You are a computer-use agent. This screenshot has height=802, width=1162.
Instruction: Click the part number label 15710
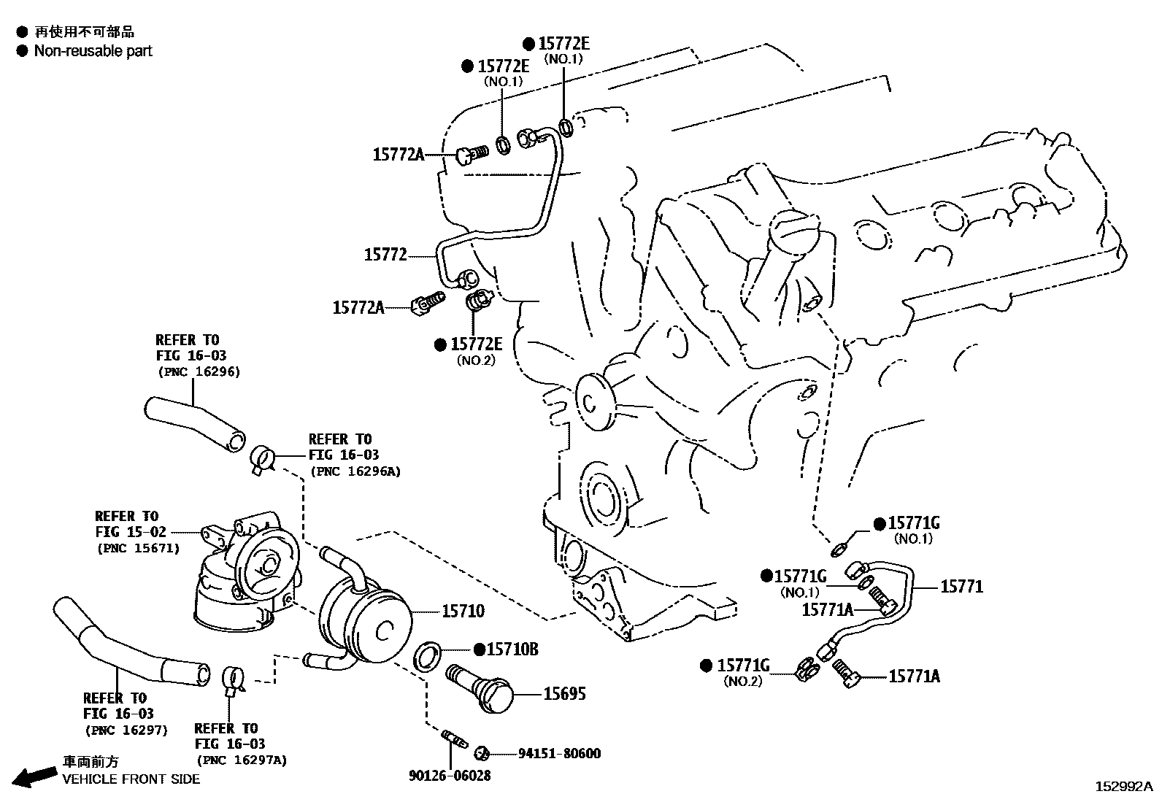tap(462, 611)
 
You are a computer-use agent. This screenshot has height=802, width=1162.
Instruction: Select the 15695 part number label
tap(564, 693)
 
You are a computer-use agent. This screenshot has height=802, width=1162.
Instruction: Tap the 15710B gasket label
tap(512, 649)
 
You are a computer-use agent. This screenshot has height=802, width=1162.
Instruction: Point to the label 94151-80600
tap(559, 753)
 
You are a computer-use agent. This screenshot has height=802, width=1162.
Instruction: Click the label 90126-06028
tap(450, 775)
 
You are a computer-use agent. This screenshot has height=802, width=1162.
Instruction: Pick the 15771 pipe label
tap(961, 587)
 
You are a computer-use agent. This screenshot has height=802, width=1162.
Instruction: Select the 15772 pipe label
tap(385, 255)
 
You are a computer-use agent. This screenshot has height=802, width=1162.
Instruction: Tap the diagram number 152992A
tap(1123, 787)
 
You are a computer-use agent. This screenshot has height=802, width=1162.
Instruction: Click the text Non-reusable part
tap(93, 51)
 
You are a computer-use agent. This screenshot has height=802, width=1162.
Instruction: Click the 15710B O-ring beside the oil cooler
tap(428, 655)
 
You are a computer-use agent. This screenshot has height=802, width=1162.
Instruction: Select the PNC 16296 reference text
tap(199, 371)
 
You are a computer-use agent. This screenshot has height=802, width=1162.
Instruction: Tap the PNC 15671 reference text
tap(137, 548)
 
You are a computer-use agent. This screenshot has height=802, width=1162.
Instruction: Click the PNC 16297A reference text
tap(240, 760)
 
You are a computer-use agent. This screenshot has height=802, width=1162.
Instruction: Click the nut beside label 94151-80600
tap(482, 752)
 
